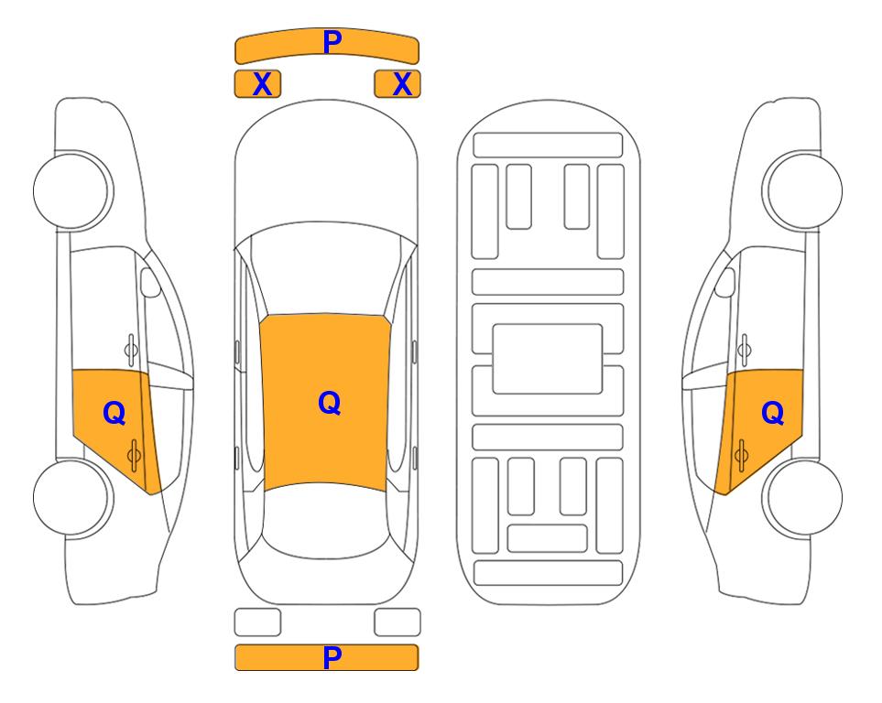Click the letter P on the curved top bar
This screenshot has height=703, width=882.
(x=332, y=41)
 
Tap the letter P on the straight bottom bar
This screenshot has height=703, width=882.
(x=332, y=657)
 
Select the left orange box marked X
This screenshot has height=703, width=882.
(x=257, y=84)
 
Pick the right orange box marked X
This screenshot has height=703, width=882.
(x=397, y=84)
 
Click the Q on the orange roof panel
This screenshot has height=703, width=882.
(x=329, y=403)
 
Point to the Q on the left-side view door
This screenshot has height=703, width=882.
(x=114, y=414)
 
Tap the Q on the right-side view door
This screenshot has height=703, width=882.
(x=772, y=414)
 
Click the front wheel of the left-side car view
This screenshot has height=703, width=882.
(x=73, y=190)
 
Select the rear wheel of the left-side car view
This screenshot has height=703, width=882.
(x=73, y=497)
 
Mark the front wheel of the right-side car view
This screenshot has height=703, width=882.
(x=802, y=190)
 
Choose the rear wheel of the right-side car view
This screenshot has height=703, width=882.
(x=802, y=497)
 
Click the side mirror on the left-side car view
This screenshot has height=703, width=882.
(x=149, y=282)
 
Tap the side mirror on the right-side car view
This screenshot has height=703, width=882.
(x=724, y=282)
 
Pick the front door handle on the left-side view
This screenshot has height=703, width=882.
(x=131, y=349)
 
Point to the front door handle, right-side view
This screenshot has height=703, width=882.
(x=745, y=349)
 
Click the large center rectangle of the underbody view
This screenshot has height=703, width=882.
(x=548, y=359)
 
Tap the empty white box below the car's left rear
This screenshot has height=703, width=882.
(x=257, y=622)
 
